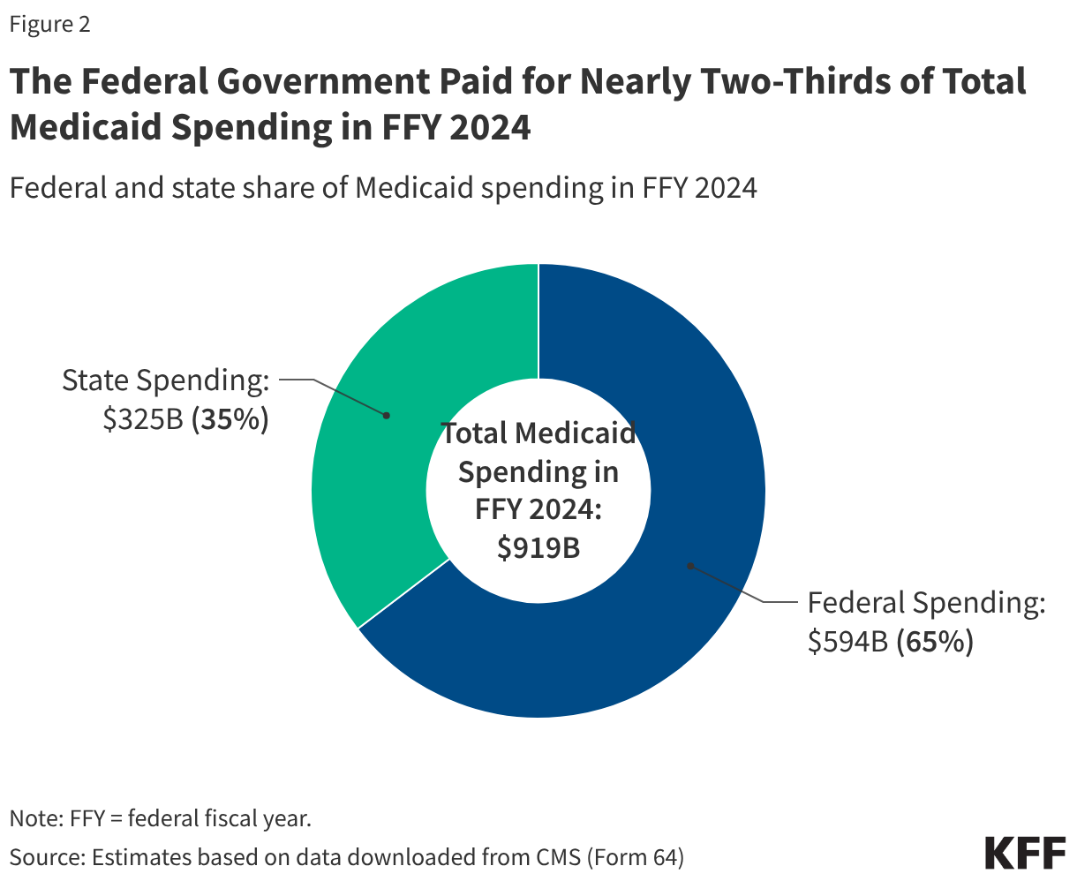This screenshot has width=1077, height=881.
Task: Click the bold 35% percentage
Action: [x=230, y=420]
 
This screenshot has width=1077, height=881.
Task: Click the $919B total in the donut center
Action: [x=538, y=548]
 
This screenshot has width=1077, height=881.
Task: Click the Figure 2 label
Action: [x=50, y=24]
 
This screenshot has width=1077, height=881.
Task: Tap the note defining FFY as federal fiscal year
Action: [x=160, y=818]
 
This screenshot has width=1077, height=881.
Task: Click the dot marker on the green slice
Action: [x=386, y=414]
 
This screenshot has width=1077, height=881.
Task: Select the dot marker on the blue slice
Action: [x=690, y=565]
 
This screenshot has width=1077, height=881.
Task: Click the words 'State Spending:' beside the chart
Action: [x=165, y=380]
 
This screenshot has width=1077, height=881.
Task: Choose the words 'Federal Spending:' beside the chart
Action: [x=926, y=603]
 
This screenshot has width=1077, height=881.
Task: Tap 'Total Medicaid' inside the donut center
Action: [x=538, y=433]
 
